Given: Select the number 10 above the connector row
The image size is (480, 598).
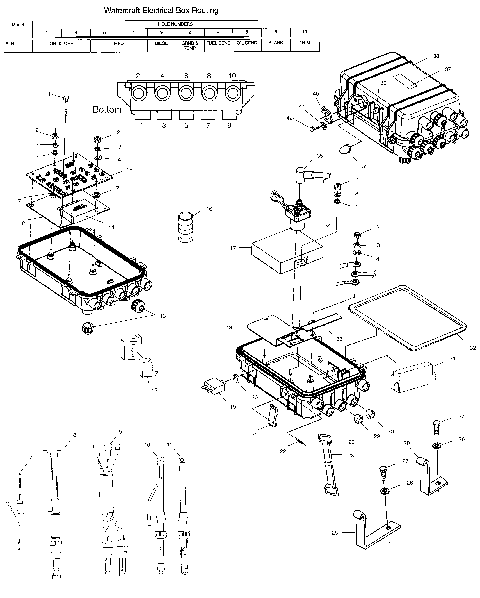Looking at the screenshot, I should (232, 75).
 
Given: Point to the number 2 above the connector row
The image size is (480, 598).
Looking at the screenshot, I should (134, 75).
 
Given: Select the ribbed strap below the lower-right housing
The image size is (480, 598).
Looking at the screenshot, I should (325, 464).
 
